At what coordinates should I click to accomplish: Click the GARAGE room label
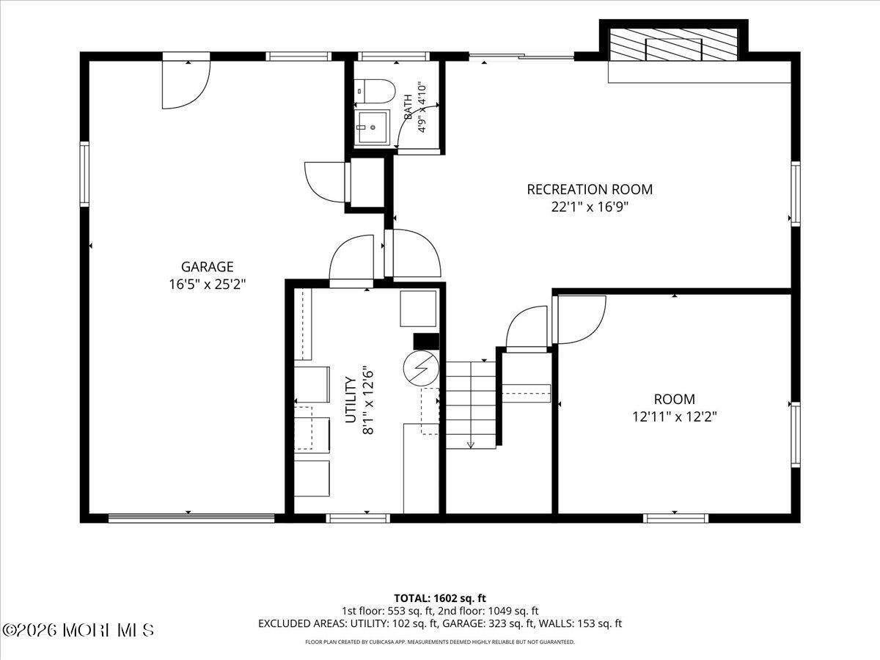tap(207, 266)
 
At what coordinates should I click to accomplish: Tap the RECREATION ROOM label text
tap(590, 189)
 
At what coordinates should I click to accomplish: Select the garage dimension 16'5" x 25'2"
tap(207, 284)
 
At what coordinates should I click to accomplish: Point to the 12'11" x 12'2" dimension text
tap(675, 417)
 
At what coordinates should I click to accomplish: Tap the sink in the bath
tap(372, 127)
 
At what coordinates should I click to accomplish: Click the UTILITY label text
tap(351, 400)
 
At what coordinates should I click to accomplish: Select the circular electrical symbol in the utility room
tap(421, 369)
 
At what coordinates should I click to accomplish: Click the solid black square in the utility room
tap(426, 342)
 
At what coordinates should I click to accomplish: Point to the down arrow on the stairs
tap(471, 444)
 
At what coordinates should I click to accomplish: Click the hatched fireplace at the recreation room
tap(673, 45)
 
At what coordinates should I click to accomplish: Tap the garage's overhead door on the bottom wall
tap(191, 518)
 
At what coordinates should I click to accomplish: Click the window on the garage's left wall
tap(84, 174)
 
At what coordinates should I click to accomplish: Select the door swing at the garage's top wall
tap(186, 84)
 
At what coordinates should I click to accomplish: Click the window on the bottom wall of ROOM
tap(675, 518)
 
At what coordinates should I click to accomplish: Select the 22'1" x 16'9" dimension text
tap(590, 207)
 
